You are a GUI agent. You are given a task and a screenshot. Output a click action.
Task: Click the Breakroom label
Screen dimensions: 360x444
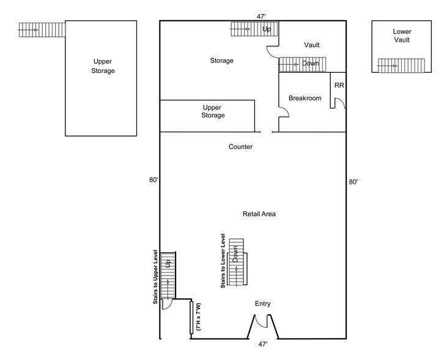click(x=305, y=98)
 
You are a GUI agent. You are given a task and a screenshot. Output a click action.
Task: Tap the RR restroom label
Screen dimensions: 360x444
click(x=339, y=85)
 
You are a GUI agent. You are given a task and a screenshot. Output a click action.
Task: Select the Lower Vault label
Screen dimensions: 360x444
click(x=401, y=36)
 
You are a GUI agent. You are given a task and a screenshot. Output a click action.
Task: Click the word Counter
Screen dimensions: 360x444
click(x=240, y=147)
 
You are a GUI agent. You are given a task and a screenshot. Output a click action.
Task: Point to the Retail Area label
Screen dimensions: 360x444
click(x=259, y=214)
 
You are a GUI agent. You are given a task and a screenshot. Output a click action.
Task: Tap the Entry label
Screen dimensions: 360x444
click(x=262, y=304)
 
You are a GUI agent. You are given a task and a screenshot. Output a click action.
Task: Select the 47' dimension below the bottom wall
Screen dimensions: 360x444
click(x=262, y=345)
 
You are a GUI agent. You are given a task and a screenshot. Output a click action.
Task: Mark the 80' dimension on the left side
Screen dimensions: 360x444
click(x=153, y=180)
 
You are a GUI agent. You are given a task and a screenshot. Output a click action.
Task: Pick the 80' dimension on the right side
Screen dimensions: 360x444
click(x=353, y=182)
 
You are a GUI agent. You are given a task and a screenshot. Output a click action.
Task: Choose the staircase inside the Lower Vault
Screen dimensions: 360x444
click(x=401, y=65)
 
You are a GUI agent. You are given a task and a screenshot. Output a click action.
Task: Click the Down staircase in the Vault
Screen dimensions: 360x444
click(x=303, y=64)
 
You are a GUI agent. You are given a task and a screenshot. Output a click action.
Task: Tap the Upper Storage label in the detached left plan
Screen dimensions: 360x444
click(x=104, y=66)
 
